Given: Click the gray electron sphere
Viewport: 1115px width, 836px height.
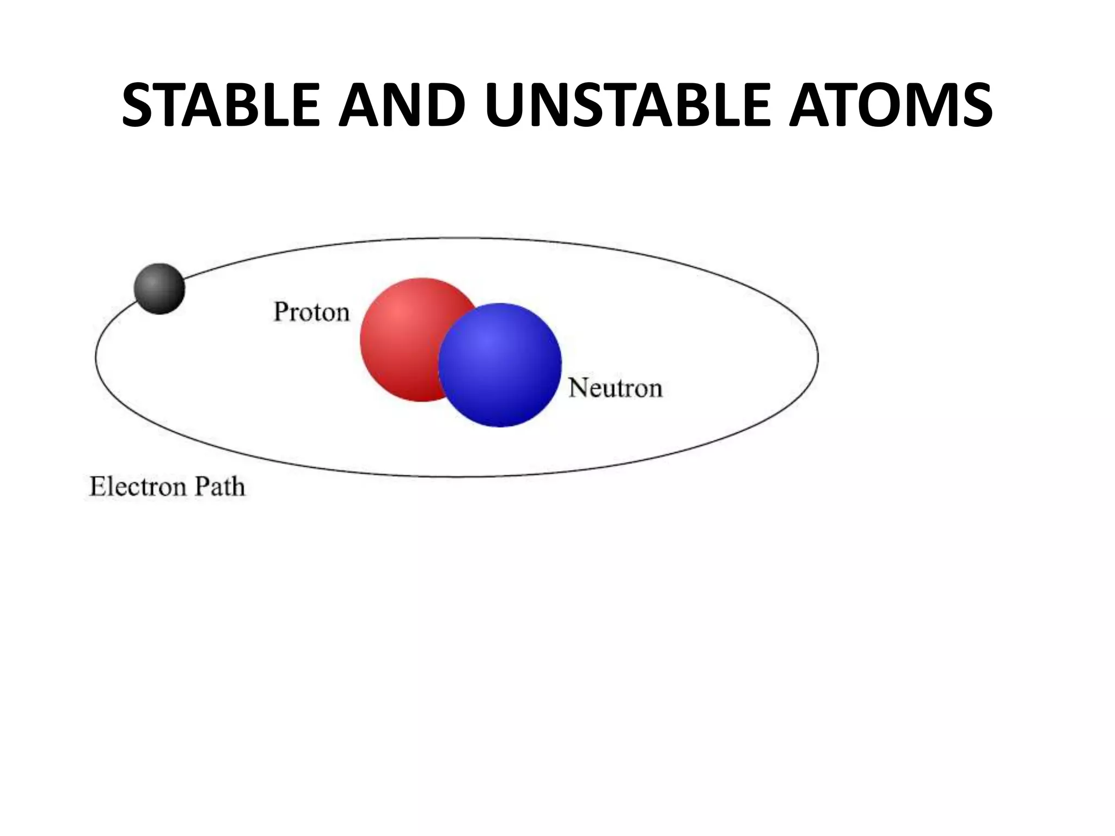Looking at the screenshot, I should tap(160, 288).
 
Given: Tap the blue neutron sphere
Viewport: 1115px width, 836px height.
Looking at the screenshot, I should tap(500, 365).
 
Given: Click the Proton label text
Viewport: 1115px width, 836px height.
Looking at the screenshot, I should tap(311, 312).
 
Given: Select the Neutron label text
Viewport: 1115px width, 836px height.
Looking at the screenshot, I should tap(615, 389).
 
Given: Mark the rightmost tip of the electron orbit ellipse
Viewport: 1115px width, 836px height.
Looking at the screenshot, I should tap(818, 357).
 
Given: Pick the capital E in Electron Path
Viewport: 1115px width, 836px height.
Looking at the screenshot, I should tap(97, 486).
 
